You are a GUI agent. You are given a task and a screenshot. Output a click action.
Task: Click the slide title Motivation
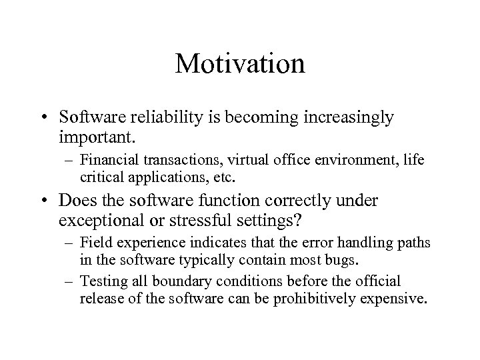pyautogui.click(x=240, y=64)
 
